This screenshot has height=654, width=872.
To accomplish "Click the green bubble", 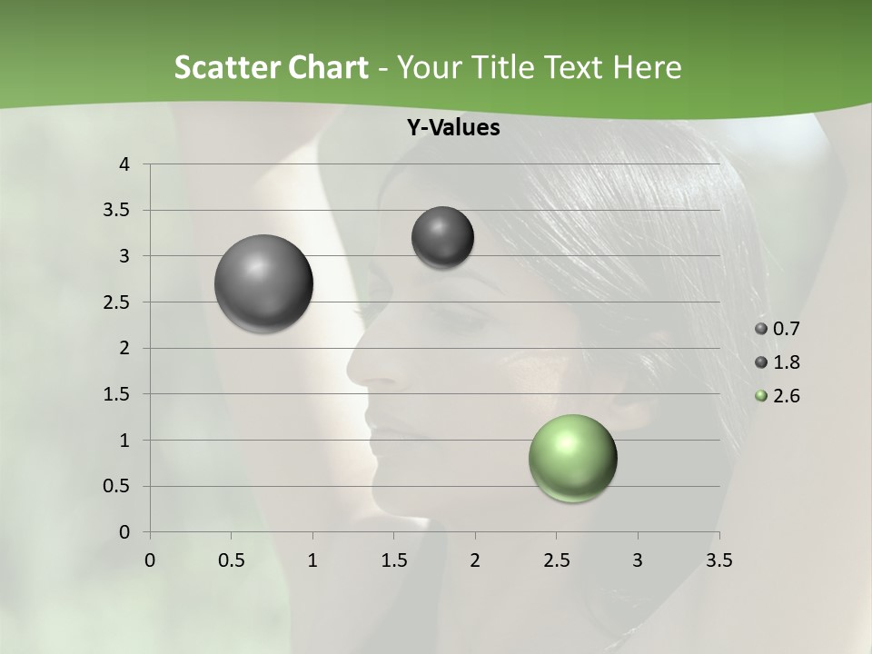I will tap(572, 458).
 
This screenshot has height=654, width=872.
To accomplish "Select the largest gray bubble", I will tap(263, 283).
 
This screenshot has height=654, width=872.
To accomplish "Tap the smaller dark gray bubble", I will tap(442, 237).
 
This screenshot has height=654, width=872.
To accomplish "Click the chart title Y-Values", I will tap(452, 128).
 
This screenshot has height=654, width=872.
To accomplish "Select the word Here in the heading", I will tap(647, 67).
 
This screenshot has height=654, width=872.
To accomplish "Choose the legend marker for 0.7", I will tap(761, 329).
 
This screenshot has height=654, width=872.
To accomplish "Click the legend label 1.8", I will tap(787, 362).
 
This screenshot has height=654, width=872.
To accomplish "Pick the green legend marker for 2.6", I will tap(761, 396).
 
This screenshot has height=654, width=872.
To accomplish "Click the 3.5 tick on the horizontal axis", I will tap(718, 560).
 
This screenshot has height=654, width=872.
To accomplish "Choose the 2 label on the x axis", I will tap(475, 560).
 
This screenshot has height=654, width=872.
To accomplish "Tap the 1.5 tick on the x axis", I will tap(393, 560).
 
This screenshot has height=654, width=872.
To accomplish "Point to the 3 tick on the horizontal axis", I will tap(638, 560).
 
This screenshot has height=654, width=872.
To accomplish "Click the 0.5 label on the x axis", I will tap(231, 560).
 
